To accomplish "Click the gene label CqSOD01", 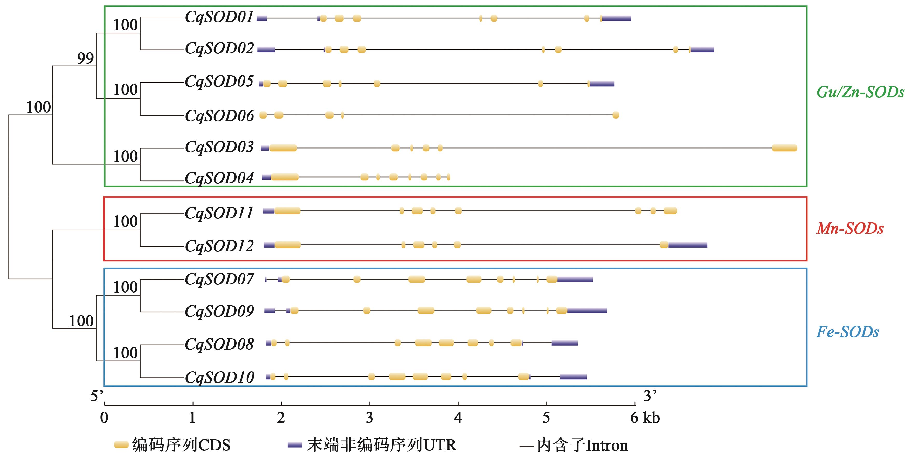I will pyautogui.click(x=219, y=17).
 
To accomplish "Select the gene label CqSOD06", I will pyautogui.click(x=219, y=116).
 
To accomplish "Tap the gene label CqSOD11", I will pyautogui.click(x=219, y=213).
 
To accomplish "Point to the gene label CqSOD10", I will pyautogui.click(x=219, y=377).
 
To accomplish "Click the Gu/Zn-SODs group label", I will pyautogui.click(x=860, y=92).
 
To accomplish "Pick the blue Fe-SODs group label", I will pyautogui.click(x=848, y=332).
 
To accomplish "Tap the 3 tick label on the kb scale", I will pyautogui.click(x=370, y=418).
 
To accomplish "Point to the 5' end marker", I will pyautogui.click(x=97, y=396).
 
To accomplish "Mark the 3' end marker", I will pyautogui.click(x=650, y=396).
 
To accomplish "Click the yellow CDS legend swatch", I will pyautogui.click(x=121, y=445).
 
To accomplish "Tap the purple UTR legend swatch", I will pyautogui.click(x=295, y=445).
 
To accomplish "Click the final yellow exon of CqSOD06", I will pyautogui.click(x=616, y=115).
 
